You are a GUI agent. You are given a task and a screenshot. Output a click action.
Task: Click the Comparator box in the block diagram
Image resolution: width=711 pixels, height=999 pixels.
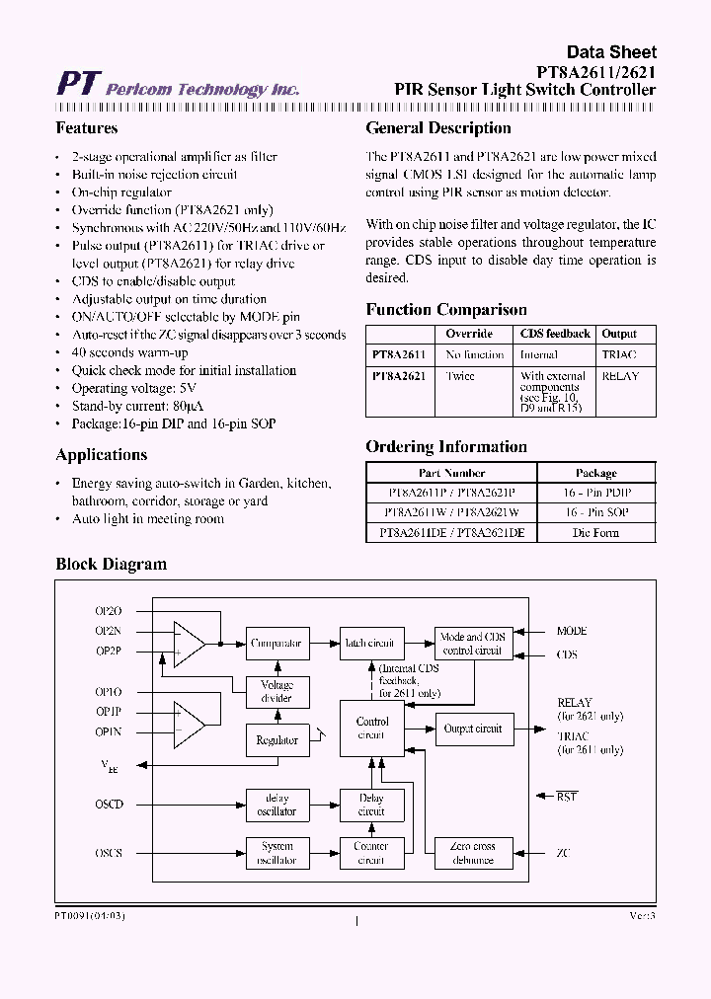276,643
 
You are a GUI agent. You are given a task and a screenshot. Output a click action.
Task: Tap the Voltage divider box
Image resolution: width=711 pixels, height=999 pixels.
276,691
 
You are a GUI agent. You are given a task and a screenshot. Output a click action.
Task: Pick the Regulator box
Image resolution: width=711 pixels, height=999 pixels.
276,739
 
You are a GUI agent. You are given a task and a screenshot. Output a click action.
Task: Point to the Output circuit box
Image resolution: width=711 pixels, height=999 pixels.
474,729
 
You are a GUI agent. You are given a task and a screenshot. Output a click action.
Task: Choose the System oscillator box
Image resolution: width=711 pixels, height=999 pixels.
276,853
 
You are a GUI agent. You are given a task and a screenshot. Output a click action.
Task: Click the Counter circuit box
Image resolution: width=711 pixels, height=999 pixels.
371,853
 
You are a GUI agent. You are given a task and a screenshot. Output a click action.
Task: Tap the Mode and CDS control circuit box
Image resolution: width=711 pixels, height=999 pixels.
474,644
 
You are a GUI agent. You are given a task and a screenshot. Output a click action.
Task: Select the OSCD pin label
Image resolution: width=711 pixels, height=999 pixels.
110,805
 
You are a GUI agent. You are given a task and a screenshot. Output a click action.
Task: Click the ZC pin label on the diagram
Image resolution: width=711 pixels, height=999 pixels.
563,853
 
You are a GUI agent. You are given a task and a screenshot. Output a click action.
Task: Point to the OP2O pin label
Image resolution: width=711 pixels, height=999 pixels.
109,611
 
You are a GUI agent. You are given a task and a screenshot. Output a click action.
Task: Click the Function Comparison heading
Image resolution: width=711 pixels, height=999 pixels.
446,310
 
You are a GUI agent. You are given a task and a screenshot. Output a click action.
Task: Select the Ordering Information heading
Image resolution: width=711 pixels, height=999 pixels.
446,447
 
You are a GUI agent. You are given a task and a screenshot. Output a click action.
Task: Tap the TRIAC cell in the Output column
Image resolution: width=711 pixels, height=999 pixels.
619,354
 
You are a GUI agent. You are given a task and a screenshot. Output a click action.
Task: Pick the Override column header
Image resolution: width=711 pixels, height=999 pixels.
469,334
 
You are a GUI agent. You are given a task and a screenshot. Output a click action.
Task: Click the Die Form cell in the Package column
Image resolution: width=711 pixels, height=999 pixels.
595,533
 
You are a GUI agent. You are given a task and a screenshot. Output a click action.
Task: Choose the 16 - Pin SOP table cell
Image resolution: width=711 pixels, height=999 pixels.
595,512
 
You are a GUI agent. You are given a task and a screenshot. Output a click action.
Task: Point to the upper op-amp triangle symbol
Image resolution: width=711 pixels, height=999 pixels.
188,643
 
